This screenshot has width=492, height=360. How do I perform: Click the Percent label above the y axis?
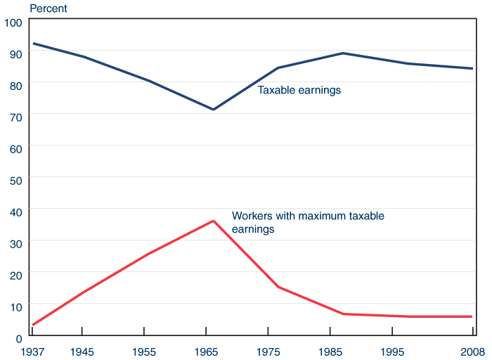[48, 8]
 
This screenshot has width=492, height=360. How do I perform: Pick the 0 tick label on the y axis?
[19, 337]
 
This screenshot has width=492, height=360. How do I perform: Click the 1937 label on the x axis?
[31, 349]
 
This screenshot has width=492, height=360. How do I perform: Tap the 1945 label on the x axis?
[83, 349]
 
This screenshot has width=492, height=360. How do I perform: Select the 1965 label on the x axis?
[205, 349]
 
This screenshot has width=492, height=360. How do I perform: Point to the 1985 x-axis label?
[329, 349]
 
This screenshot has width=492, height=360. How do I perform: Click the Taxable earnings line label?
[299, 90]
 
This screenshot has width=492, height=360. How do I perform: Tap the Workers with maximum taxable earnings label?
[308, 222]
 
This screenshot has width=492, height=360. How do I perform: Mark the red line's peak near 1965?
[213, 221]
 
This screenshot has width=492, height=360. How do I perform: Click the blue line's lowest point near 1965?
[213, 110]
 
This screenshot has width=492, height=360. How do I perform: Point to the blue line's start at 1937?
[32, 44]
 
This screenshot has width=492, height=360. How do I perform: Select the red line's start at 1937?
[32, 325]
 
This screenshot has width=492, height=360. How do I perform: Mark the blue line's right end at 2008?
[472, 68]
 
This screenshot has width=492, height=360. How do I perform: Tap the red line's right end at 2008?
[472, 316]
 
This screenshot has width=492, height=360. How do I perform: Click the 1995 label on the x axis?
[391, 349]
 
